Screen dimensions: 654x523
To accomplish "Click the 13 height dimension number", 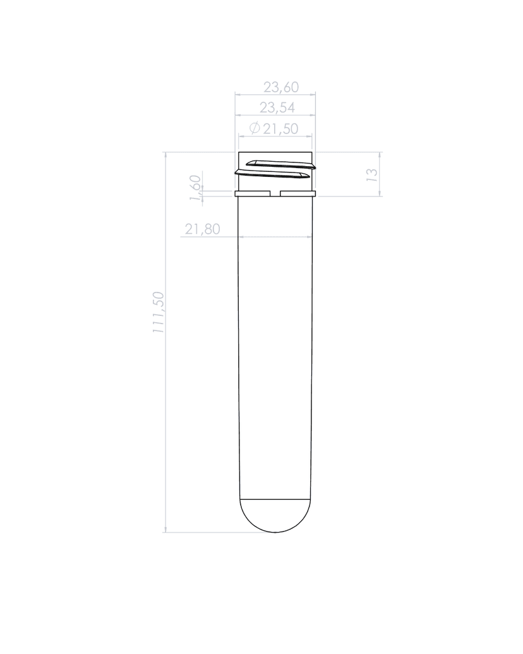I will click(372, 174).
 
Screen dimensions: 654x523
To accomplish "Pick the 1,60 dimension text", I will click(196, 188).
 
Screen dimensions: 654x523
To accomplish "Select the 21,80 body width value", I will click(202, 229).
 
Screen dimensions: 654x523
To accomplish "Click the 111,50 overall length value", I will click(158, 313).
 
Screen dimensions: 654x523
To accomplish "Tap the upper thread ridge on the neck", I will click(281, 164).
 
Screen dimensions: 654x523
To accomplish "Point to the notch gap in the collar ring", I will click(275, 193).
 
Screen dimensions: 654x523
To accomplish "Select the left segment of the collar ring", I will click(253, 193).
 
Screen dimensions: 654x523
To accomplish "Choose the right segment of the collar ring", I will click(298, 193).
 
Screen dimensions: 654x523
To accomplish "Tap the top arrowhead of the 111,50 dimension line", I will click(165, 155).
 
